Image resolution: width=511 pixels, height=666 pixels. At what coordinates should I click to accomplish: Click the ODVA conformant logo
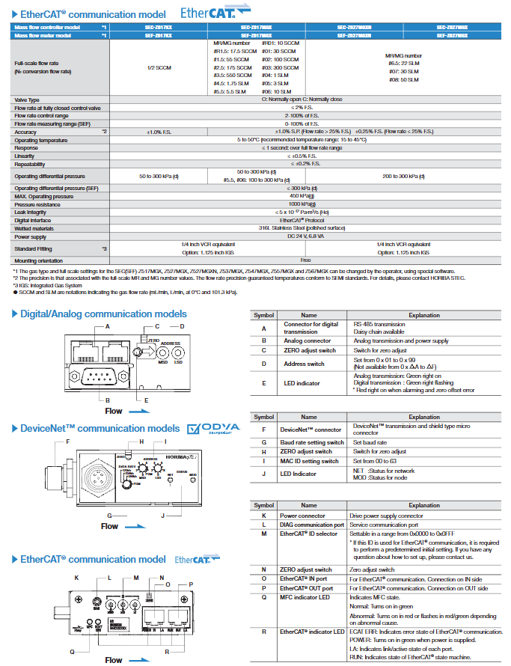click(214, 428)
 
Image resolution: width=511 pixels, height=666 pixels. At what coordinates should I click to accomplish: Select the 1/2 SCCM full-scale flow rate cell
click(159, 67)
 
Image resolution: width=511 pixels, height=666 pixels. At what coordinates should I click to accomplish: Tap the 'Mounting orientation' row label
click(38, 260)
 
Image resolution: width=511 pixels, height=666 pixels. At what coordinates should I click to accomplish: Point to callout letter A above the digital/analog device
click(108, 328)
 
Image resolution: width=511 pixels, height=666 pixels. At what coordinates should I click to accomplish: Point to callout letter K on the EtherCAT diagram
click(76, 578)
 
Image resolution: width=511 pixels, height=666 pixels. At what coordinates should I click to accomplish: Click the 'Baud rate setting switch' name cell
click(310, 442)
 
